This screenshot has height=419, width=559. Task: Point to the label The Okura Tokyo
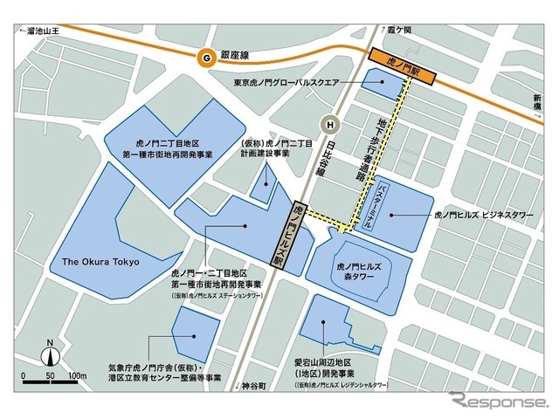(x=101, y=260)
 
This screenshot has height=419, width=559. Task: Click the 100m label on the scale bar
(x=77, y=375)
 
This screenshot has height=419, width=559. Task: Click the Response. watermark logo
(x=498, y=403)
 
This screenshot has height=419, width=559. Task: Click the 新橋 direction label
(x=535, y=104)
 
